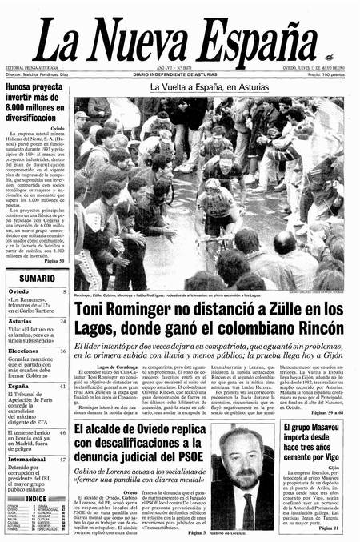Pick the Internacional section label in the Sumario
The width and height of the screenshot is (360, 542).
(x=27, y=460)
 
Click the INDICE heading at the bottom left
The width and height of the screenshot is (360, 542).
(x=36, y=498)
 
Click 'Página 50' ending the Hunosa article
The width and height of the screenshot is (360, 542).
(x=54, y=262)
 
